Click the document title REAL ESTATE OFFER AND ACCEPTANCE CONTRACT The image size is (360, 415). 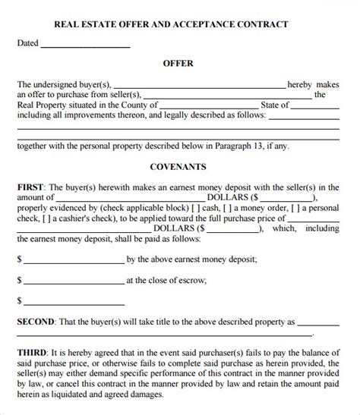point(180,24)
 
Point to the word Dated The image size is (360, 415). point(27,43)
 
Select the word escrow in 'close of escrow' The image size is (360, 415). point(190,279)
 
